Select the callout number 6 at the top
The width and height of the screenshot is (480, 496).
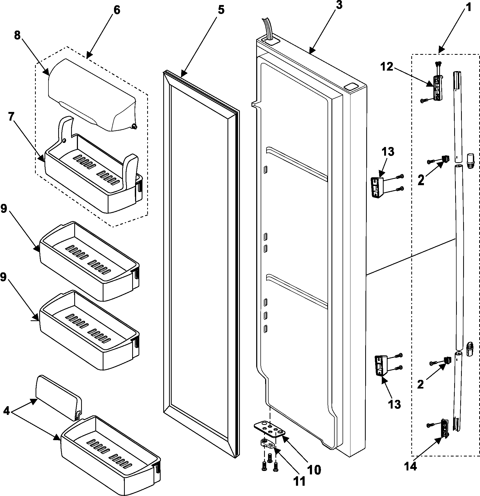pyautogui.click(x=116, y=10)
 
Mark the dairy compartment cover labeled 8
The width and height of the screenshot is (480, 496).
pyautogui.click(x=92, y=95)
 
